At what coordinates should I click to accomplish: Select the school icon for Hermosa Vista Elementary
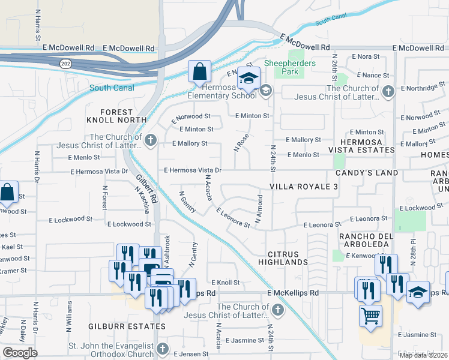pyautogui.click(x=247, y=79)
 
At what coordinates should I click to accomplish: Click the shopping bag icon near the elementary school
pyautogui.click(x=199, y=71)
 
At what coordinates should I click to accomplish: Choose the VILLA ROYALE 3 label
pyautogui.click(x=304, y=187)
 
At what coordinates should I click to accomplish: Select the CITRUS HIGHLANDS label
pyautogui.click(x=283, y=258)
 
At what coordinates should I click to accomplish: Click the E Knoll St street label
pyautogui.click(x=225, y=282)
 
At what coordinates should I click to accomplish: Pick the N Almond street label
pyautogui.click(x=260, y=209)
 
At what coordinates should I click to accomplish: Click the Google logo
pyautogui.click(x=20, y=353)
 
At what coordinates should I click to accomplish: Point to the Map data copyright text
pyautogui.click(x=423, y=355)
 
